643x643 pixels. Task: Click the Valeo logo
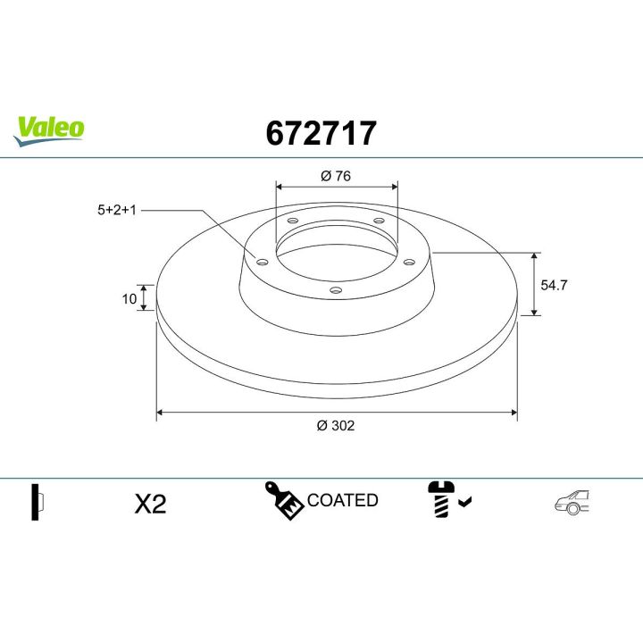pyautogui.click(x=48, y=128)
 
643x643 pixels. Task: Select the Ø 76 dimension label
pyautogui.click(x=336, y=176)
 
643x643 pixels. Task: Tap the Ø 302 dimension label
pyautogui.click(x=336, y=426)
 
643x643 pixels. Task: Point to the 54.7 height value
pyautogui.click(x=555, y=285)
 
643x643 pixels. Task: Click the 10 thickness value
pyautogui.click(x=129, y=298)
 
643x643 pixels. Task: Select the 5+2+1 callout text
pyautogui.click(x=117, y=211)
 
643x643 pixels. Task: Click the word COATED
pyautogui.click(x=343, y=500)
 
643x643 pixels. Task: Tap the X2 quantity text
pyautogui.click(x=150, y=504)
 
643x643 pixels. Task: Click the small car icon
pyautogui.click(x=572, y=503)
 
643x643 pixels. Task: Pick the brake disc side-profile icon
pyautogui.click(x=37, y=503)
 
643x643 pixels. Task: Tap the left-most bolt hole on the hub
pyautogui.click(x=262, y=262)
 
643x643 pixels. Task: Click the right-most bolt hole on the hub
pyautogui.click(x=409, y=262)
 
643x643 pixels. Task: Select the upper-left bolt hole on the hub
pyautogui.click(x=293, y=221)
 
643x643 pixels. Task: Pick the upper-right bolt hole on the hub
pyautogui.click(x=378, y=221)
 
